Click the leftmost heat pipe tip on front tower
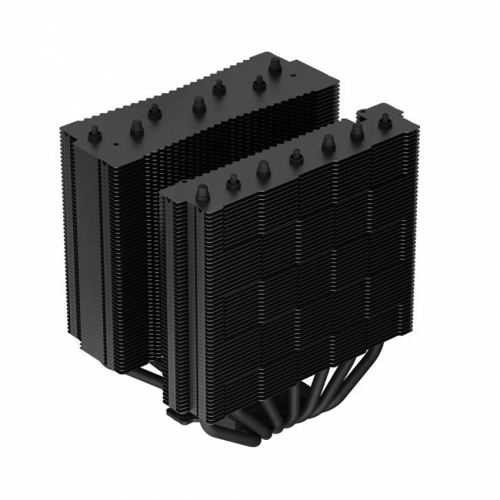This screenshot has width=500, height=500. point(203,192)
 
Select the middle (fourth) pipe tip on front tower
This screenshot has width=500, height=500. point(295,158)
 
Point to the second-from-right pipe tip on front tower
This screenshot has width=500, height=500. point(357,132)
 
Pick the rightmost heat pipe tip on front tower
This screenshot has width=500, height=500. point(382,121)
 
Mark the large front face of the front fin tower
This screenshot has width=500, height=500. point(300,269)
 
